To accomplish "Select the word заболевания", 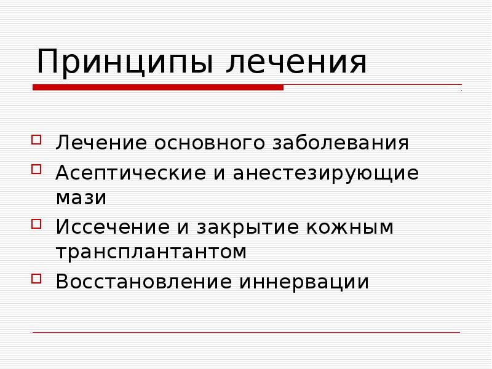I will (x=339, y=143).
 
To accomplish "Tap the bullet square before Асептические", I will (x=38, y=168).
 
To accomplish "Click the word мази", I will (x=81, y=198).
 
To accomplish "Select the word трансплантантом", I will (x=151, y=252).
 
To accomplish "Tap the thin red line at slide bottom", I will (x=246, y=333).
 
